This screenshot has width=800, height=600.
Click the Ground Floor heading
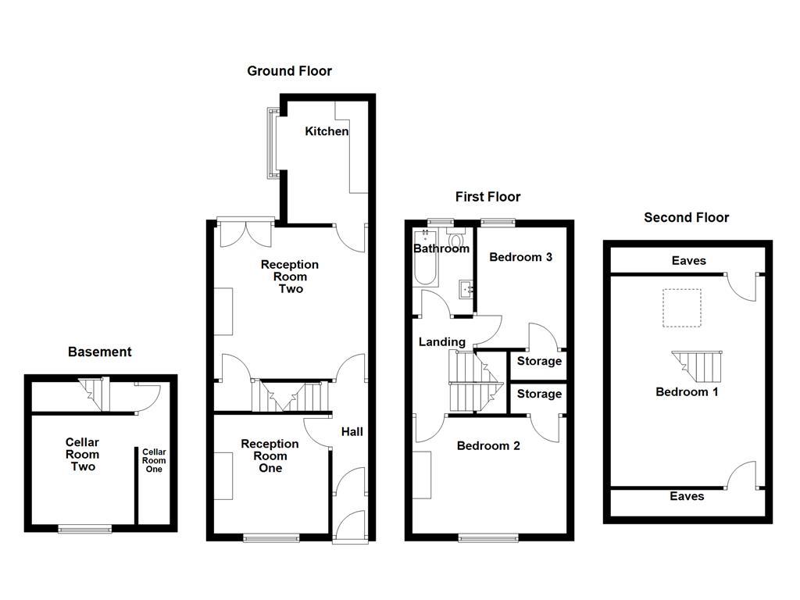(x=289, y=71)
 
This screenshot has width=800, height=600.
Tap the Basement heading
(x=99, y=352)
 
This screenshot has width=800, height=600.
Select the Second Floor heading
(x=686, y=217)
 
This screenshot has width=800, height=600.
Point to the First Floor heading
(x=487, y=197)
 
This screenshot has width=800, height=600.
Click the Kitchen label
(x=327, y=131)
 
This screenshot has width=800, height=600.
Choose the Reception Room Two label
(x=289, y=277)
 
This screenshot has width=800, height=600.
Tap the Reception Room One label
(x=270, y=455)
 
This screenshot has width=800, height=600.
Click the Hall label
(x=352, y=431)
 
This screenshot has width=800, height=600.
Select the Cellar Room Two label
(x=82, y=454)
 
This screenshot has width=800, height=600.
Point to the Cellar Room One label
(x=153, y=460)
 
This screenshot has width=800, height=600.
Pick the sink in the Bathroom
(x=466, y=288)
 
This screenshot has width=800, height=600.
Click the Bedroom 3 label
(x=520, y=257)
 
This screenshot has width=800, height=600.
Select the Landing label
(x=441, y=342)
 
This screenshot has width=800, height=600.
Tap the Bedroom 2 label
(x=488, y=446)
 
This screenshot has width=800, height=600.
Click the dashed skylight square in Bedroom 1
(x=681, y=308)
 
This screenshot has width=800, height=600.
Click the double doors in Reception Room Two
(x=245, y=233)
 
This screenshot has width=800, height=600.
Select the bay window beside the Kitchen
(x=273, y=143)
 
